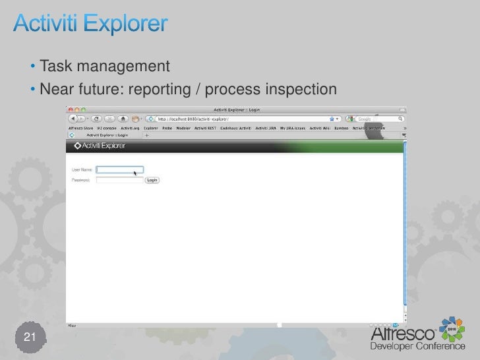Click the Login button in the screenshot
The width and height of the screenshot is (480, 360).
pos(152,179)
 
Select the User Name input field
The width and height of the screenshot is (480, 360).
pos(119,170)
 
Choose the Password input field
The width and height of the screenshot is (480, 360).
pos(119,179)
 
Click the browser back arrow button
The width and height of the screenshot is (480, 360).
pos(71,119)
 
